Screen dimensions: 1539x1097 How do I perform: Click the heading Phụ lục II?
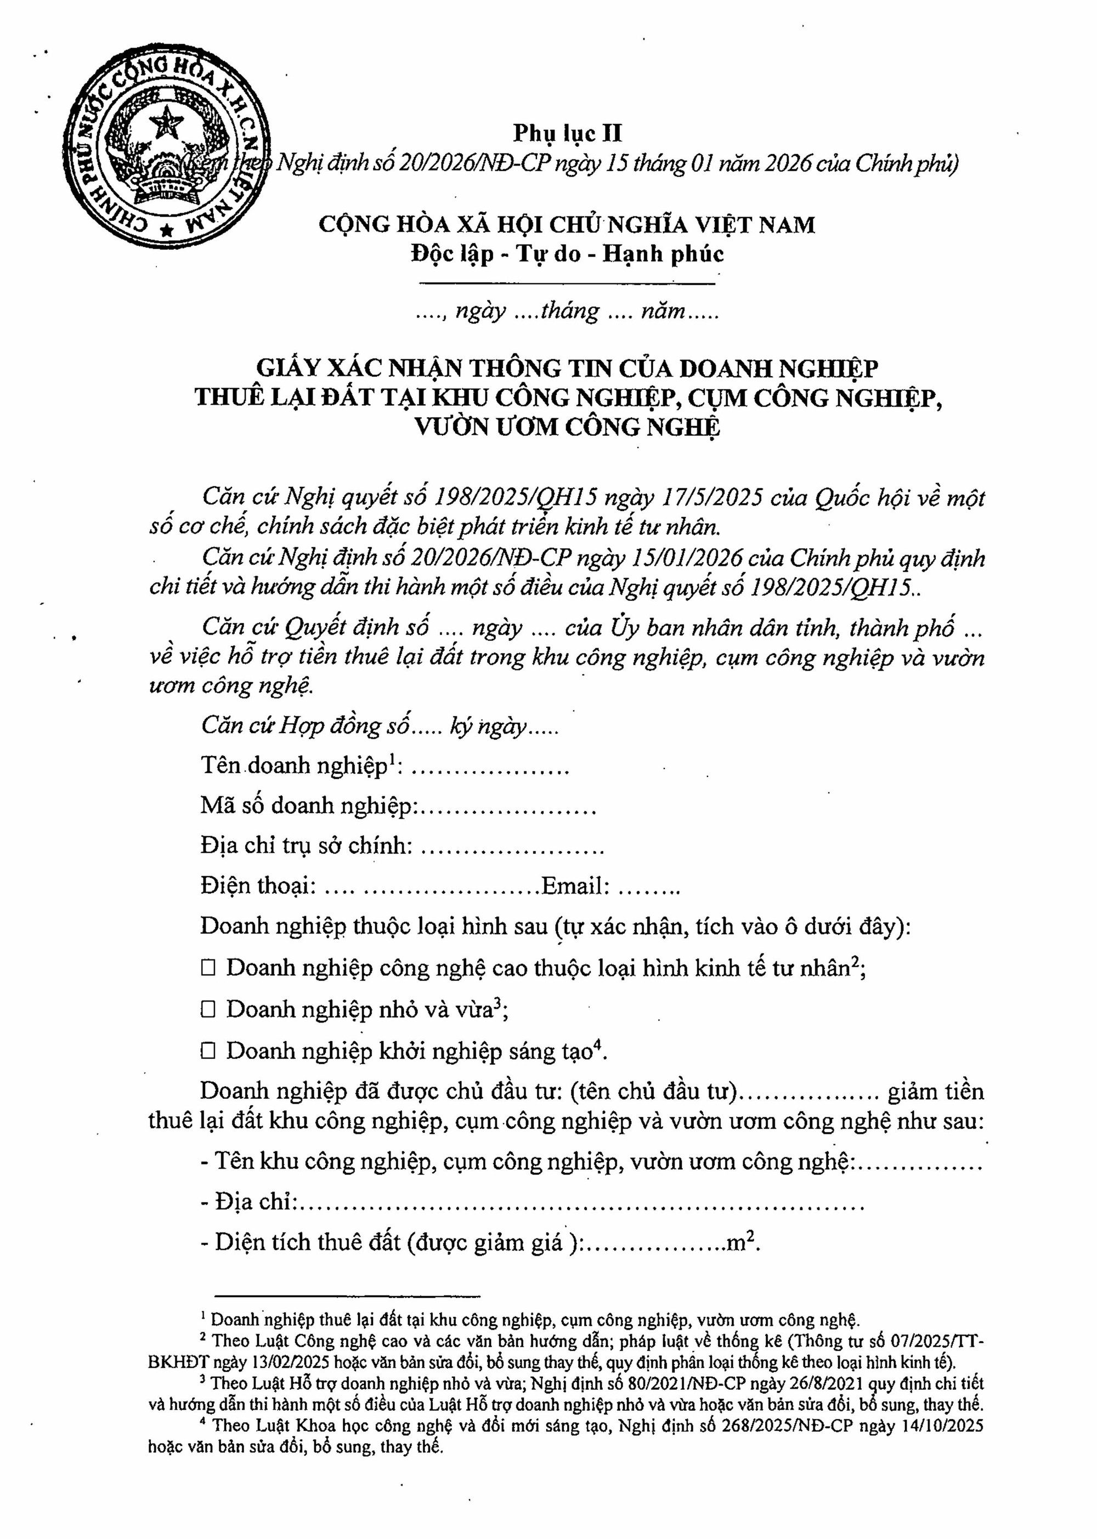[567, 133]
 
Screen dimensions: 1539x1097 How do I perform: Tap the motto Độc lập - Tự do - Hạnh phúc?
[567, 254]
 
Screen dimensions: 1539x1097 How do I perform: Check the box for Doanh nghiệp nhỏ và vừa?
[208, 1009]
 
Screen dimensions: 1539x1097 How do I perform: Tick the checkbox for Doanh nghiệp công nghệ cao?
[208, 968]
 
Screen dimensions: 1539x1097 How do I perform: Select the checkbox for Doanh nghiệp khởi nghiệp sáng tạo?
[208, 1050]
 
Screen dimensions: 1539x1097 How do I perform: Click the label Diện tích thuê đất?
[307, 1242]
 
